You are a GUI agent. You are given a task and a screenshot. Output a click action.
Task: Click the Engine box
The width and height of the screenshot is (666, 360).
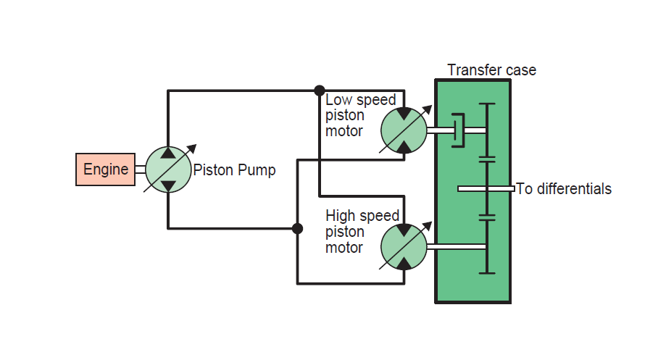coord(105,169)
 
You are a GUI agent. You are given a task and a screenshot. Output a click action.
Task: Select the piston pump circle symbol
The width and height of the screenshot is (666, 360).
coord(167,169)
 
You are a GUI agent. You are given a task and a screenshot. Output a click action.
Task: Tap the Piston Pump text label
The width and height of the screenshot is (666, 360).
coord(234,170)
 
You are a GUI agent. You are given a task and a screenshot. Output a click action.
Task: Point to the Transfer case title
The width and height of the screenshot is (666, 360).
coord(491,70)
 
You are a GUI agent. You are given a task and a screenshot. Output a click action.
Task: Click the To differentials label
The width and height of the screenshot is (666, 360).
coord(564,189)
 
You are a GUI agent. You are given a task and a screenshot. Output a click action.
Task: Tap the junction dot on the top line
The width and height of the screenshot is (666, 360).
coord(319,91)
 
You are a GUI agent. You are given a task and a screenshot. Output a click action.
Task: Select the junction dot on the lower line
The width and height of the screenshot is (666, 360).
coord(297,228)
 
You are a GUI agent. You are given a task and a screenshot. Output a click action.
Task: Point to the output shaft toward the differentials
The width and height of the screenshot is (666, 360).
coord(486,189)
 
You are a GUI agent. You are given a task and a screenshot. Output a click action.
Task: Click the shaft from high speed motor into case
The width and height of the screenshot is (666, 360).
coord(456,247)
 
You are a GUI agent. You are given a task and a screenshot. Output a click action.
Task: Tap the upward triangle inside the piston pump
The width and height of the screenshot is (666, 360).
coord(167,153)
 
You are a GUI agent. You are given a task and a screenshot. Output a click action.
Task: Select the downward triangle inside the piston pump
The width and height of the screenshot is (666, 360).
coord(167,186)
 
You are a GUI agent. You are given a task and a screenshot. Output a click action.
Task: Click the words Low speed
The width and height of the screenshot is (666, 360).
coord(360,100)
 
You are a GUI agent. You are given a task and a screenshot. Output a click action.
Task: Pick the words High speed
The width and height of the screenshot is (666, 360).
coord(362,216)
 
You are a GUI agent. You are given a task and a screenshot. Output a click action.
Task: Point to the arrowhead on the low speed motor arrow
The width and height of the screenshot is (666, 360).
coord(429,109)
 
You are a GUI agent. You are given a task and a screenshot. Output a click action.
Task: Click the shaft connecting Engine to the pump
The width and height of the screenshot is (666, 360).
coord(140,169)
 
